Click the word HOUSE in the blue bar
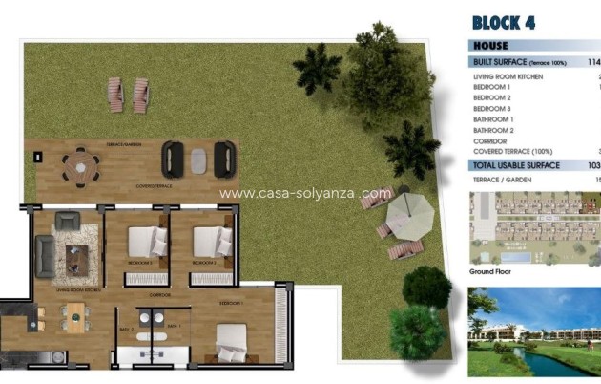(490, 45)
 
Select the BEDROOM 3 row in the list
(492, 109)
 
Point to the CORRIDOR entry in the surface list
(489, 140)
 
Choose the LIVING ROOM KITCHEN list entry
(509, 76)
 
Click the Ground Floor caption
(492, 271)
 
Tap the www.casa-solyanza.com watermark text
(305, 192)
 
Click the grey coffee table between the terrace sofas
(198, 159)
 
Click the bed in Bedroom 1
(230, 341)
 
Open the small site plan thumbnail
(534, 227)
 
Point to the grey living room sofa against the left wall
(44, 253)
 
